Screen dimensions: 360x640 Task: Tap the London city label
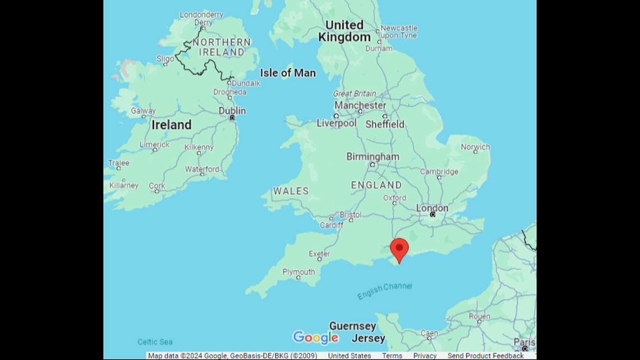click(x=432, y=208)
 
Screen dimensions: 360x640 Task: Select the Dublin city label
click(x=232, y=111)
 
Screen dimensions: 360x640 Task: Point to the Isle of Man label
click(x=287, y=73)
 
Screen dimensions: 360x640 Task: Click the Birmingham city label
click(x=373, y=157)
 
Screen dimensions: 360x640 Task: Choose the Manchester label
click(x=360, y=106)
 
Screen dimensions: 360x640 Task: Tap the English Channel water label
click(x=385, y=290)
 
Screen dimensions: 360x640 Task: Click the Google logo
click(x=316, y=337)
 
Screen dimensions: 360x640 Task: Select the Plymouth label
click(x=299, y=272)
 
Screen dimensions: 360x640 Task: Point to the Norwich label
click(x=475, y=147)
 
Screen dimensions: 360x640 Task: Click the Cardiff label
click(x=331, y=225)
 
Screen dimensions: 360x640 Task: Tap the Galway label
click(x=143, y=111)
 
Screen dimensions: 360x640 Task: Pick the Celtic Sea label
click(x=155, y=342)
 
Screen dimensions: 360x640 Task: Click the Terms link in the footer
click(x=392, y=356)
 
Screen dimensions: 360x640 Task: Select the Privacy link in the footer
click(x=425, y=356)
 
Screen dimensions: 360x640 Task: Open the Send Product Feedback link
click(x=485, y=356)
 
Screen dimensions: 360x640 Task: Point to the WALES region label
click(x=291, y=191)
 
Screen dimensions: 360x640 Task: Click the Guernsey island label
click(x=353, y=326)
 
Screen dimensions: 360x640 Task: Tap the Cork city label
click(x=157, y=186)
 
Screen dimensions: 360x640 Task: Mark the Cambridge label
click(x=439, y=172)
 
